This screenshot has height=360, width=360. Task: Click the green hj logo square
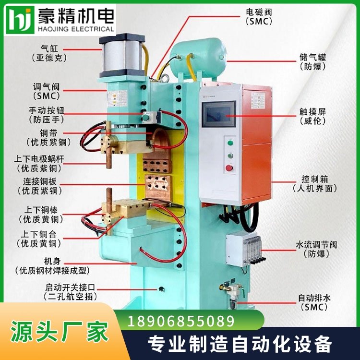20,20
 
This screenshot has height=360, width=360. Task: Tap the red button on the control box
229,168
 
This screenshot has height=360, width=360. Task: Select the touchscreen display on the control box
218,114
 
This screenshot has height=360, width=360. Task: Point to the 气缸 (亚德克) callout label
49,53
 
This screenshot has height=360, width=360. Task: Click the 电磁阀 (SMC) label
259,16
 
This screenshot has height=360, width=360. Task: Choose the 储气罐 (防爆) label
312,62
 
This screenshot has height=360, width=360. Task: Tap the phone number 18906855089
181,321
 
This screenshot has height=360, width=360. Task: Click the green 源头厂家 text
59,332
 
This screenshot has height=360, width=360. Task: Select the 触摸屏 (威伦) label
312,117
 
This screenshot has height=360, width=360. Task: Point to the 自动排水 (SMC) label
314,302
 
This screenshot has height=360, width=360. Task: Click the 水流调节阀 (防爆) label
316,249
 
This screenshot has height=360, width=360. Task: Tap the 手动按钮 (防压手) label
47,115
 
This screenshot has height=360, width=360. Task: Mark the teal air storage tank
198,58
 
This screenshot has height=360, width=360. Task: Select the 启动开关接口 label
70,287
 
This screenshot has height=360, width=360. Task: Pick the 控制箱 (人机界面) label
315,184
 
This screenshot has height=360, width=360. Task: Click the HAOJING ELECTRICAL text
76,29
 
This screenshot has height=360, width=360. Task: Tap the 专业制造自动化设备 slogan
240,344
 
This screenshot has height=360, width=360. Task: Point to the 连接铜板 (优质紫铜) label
40,186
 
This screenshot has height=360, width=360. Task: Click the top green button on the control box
230,143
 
